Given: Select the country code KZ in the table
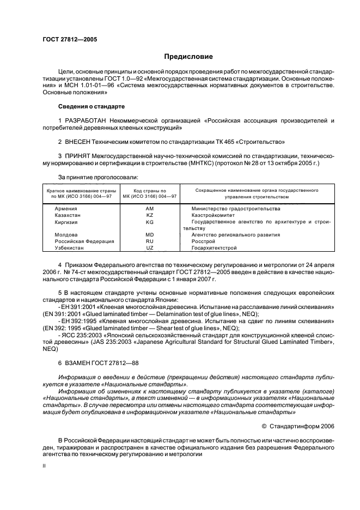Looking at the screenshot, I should pos(150,215).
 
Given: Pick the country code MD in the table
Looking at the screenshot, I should pos(150,235).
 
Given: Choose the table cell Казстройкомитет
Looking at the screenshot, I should pos(213,215).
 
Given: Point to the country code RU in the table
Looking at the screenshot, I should pos(150,241).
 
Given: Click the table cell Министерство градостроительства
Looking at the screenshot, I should pos(236,209).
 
